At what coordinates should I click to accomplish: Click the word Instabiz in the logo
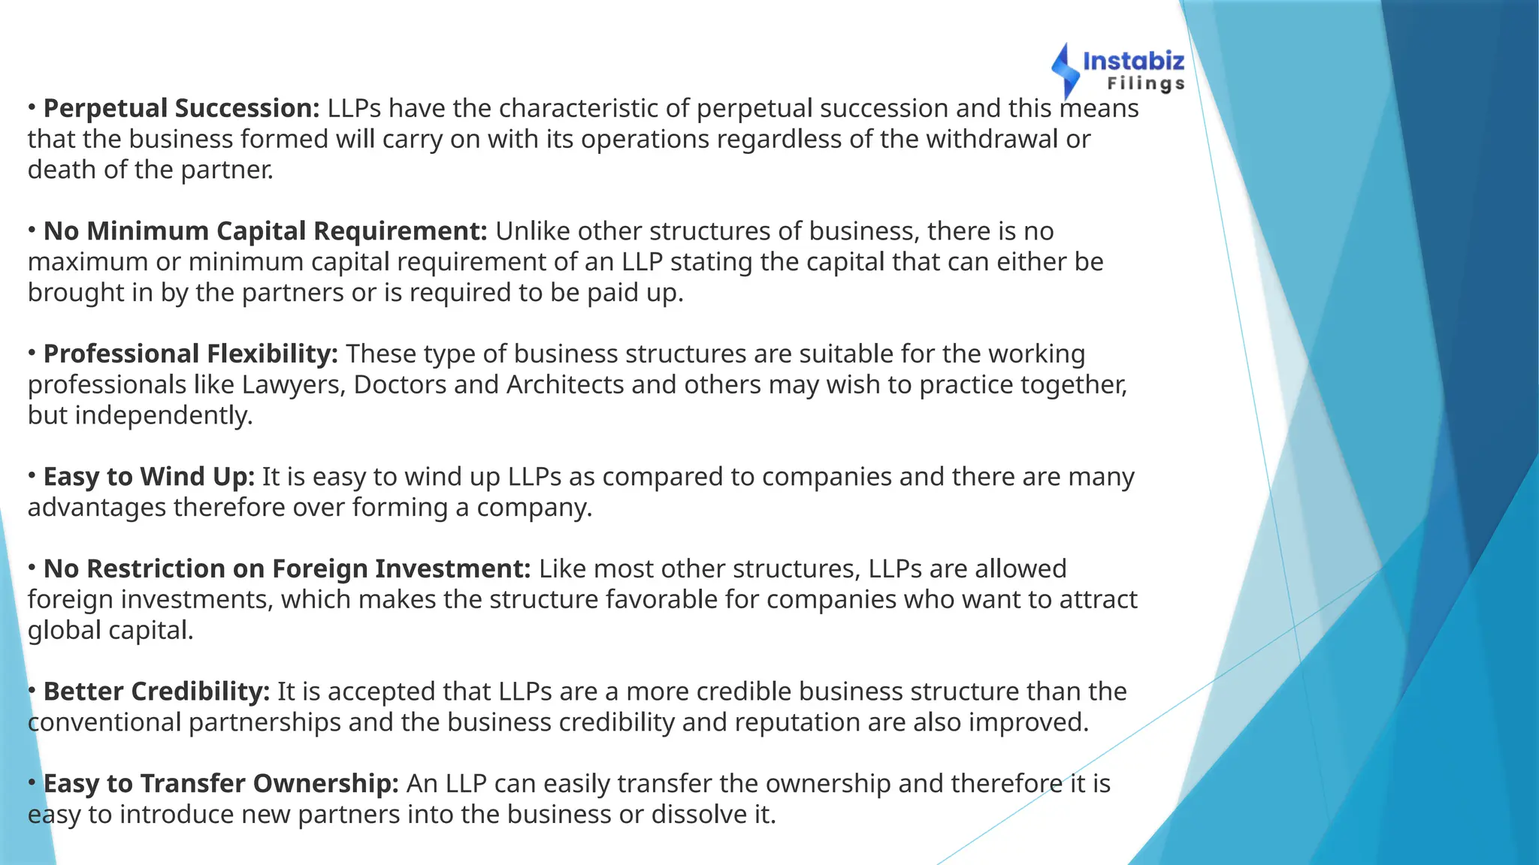tap(1133, 61)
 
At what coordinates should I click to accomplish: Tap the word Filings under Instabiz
tap(1146, 83)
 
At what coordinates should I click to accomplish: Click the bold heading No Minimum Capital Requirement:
tap(265, 231)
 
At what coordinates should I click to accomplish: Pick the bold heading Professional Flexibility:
tap(191, 354)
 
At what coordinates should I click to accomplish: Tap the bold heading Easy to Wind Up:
tap(149, 477)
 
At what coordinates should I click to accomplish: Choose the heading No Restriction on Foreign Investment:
tap(287, 569)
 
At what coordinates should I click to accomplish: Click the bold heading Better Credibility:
tap(156, 692)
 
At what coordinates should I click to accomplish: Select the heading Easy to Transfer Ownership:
tap(221, 784)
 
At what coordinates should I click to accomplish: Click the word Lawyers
tap(293, 384)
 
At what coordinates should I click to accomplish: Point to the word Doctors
tap(400, 384)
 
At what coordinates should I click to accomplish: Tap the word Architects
tap(565, 384)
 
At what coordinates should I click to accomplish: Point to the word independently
tap(164, 415)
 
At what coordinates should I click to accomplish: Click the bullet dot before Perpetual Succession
tap(32, 107)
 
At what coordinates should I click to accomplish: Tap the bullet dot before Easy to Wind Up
tap(32, 476)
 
